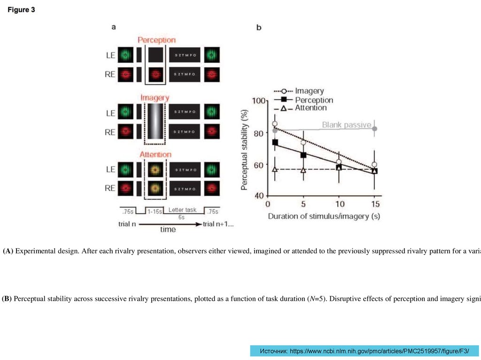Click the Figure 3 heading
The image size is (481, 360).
pyautogui.click(x=21, y=10)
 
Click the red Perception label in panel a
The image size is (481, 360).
pyautogui.click(x=156, y=40)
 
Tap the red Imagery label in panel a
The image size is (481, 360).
pyautogui.click(x=155, y=98)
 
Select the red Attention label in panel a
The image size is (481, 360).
pyautogui.click(x=155, y=154)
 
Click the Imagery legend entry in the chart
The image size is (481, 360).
pyautogui.click(x=309, y=91)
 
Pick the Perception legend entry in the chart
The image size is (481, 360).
pyautogui.click(x=314, y=100)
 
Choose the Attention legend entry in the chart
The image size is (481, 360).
pyautogui.click(x=310, y=108)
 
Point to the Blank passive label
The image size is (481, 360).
pyautogui.click(x=346, y=125)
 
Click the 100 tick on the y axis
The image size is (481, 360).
pyautogui.click(x=257, y=101)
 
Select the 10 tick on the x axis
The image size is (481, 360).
pyautogui.click(x=340, y=204)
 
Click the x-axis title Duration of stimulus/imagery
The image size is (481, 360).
pyautogui.click(x=324, y=216)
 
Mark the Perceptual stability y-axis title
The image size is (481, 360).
pyautogui.click(x=245, y=148)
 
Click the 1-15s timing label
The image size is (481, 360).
pyautogui.click(x=154, y=212)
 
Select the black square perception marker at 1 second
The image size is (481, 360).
pyautogui.click(x=275, y=142)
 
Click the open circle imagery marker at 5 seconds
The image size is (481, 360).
pyautogui.click(x=303, y=143)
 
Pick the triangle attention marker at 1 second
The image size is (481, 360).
pyautogui.click(x=275, y=169)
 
